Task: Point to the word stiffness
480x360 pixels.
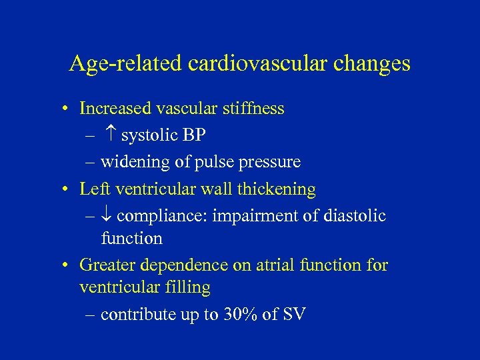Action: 256,108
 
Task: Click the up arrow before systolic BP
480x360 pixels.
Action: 111,135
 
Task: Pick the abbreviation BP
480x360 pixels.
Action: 194,135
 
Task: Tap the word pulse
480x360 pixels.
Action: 209,163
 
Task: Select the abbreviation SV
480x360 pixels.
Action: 293,315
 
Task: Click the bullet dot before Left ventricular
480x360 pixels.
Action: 68,190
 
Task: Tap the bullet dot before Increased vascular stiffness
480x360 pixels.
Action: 68,109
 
